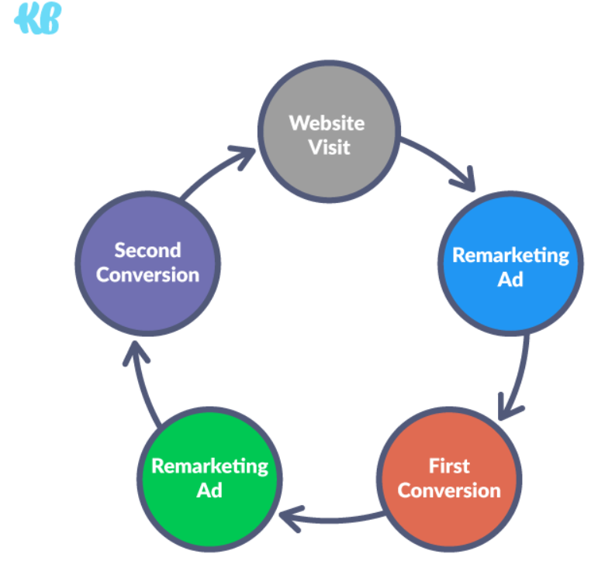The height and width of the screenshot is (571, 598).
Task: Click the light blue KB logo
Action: point(38,18)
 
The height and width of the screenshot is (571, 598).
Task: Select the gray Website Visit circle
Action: point(329,132)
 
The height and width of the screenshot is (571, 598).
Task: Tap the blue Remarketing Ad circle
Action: point(510,263)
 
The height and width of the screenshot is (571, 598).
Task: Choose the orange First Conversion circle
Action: point(449,479)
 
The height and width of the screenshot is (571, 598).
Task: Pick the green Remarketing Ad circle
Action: point(209,479)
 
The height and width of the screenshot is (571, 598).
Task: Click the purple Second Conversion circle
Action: point(147,263)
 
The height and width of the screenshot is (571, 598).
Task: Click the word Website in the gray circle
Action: point(327,123)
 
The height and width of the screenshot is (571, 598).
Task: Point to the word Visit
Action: point(330,147)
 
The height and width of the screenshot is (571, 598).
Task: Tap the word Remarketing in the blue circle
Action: point(510,256)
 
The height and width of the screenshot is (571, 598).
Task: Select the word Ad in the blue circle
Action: point(510,280)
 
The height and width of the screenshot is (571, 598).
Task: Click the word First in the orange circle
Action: point(449,466)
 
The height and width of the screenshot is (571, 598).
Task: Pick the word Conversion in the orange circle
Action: point(449,490)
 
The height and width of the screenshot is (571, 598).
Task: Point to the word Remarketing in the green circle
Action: point(209,466)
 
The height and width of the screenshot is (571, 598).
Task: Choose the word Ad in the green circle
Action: point(209,490)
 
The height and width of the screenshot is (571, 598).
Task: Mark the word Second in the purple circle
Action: point(147,250)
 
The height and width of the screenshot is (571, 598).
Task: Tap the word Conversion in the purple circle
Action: point(147,274)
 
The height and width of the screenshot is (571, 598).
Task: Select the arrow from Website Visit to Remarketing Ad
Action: point(442,159)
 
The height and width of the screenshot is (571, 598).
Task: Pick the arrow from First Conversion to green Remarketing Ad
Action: point(332,519)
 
